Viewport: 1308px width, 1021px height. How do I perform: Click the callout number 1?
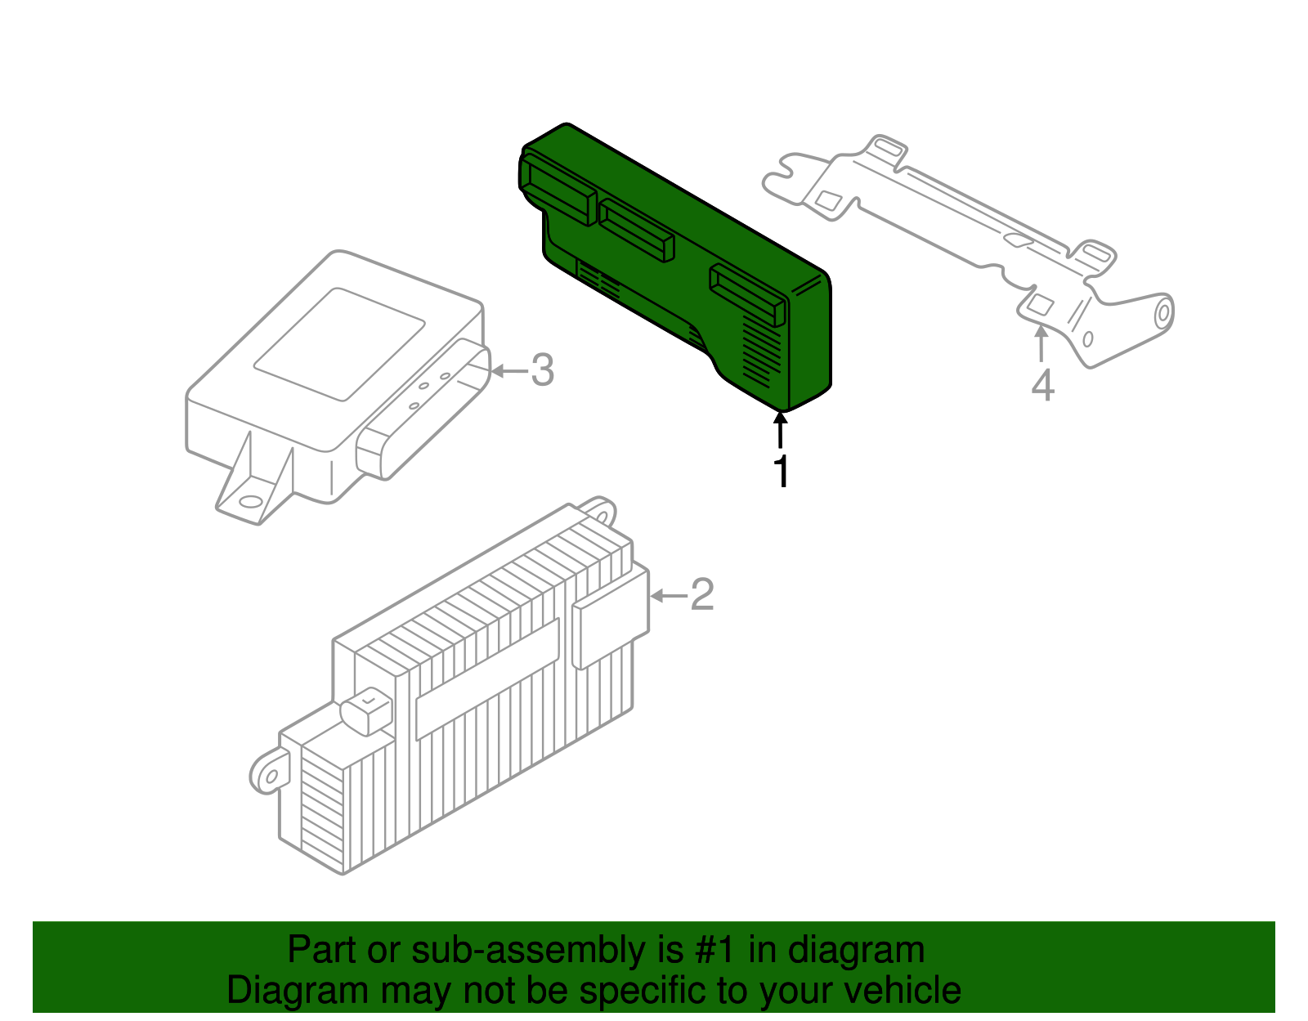782,472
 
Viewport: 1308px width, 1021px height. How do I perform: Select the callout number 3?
543,370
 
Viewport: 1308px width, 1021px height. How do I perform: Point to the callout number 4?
1042,386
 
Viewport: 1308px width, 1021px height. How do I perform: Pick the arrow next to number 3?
508,371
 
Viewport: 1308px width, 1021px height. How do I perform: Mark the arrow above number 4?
1041,343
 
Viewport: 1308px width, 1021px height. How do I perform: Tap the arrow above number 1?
781,428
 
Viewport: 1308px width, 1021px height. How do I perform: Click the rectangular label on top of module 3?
339,343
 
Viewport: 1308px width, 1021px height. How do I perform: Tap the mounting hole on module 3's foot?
251,501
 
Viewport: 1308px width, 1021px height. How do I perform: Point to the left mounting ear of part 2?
268,772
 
